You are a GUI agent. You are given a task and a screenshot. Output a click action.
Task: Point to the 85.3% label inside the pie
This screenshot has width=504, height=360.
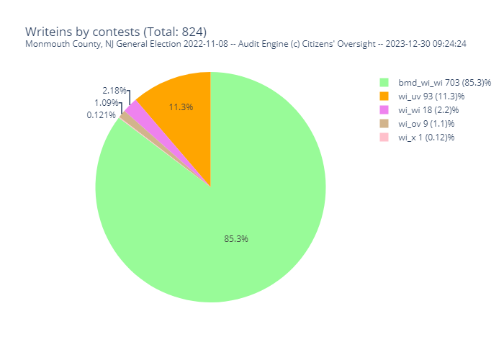click(x=236, y=238)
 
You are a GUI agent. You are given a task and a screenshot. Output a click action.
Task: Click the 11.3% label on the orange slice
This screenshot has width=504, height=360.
click(x=181, y=107)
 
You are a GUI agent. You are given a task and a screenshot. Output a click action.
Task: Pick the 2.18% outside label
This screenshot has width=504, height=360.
click(x=114, y=91)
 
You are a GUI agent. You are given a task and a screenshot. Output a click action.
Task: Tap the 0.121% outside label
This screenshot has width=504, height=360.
click(x=102, y=114)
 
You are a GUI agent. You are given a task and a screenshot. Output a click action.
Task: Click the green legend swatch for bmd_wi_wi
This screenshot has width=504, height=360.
click(x=384, y=82)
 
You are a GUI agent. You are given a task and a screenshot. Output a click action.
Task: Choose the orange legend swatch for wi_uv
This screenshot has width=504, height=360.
click(x=384, y=96)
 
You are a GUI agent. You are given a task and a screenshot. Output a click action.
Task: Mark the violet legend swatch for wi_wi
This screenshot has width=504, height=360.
click(x=384, y=109)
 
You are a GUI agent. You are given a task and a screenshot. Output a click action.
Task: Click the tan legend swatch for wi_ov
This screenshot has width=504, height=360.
click(x=384, y=123)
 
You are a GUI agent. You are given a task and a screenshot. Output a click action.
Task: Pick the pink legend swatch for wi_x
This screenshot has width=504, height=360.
click(x=384, y=137)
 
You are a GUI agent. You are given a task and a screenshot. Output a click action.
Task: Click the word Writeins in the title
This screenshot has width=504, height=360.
click(x=48, y=32)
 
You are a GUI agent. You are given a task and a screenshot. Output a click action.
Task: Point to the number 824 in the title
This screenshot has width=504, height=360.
click(x=192, y=32)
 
